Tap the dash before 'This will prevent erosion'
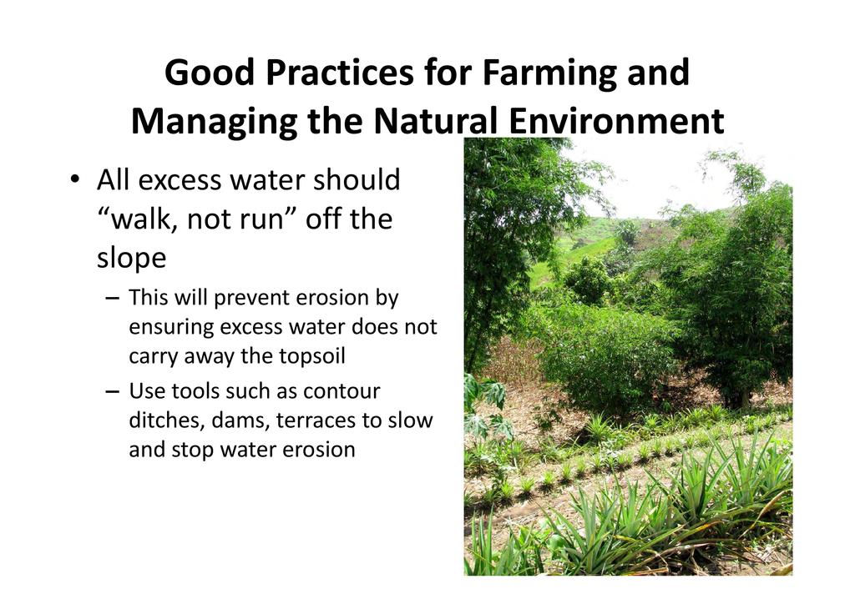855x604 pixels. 113,299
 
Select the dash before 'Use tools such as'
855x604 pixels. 113,391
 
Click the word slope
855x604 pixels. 131,259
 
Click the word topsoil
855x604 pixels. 312,357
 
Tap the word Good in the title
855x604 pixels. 210,73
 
